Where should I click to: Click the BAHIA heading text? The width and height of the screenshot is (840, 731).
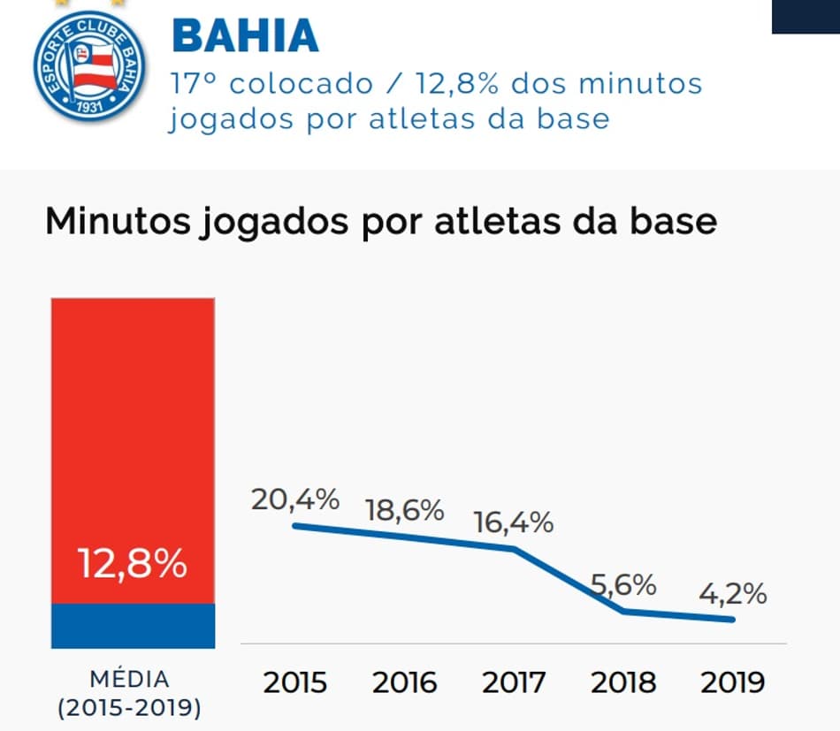(x=245, y=35)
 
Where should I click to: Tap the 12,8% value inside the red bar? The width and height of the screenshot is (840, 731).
(x=133, y=564)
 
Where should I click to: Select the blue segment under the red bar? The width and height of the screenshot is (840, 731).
(x=133, y=626)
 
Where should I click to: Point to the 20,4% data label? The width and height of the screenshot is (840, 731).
(x=295, y=499)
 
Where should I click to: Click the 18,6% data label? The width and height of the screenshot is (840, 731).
(x=404, y=510)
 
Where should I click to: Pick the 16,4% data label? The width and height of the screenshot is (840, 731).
(x=514, y=522)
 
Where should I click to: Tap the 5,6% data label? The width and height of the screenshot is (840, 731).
(x=622, y=584)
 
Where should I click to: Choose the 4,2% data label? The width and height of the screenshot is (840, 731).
(x=732, y=594)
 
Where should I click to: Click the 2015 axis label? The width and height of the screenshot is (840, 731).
(x=295, y=683)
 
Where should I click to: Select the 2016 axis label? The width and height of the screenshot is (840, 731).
(x=404, y=683)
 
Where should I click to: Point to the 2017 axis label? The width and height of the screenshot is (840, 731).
(x=514, y=683)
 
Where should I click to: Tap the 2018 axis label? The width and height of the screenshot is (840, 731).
(x=622, y=683)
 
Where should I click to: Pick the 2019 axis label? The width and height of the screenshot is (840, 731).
(x=732, y=683)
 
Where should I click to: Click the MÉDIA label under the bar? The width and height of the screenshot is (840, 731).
(x=129, y=680)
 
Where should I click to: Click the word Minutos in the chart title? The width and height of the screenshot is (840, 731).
(x=111, y=221)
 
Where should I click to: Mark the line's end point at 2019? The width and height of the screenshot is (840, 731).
(x=733, y=619)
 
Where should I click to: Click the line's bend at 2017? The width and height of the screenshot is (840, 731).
(x=515, y=549)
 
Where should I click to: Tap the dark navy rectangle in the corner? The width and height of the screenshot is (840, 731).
(x=806, y=16)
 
